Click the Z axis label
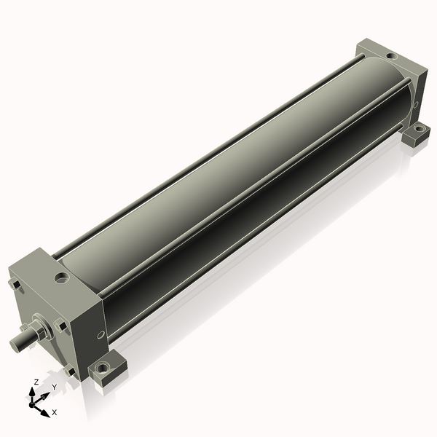click(x=36, y=382)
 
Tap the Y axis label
click(x=55, y=387)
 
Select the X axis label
click(x=55, y=412)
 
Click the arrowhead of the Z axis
click(x=32, y=393)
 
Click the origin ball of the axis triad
click(x=31, y=405)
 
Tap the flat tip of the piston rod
click(x=14, y=345)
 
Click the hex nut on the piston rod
click(x=39, y=331)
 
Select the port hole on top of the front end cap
click(x=62, y=277)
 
